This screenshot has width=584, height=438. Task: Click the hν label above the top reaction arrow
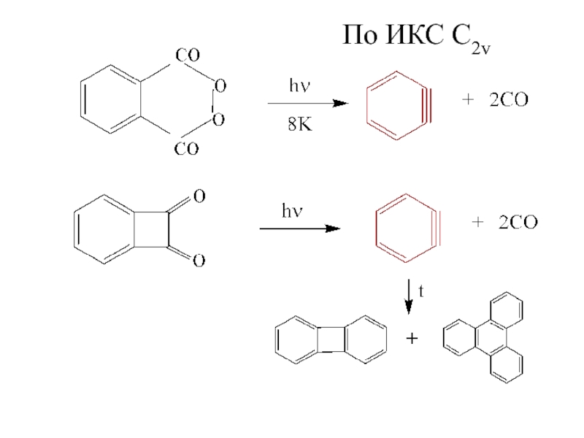(298, 87)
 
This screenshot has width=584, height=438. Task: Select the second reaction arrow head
(333, 229)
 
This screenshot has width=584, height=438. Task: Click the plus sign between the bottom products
(412, 339)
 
